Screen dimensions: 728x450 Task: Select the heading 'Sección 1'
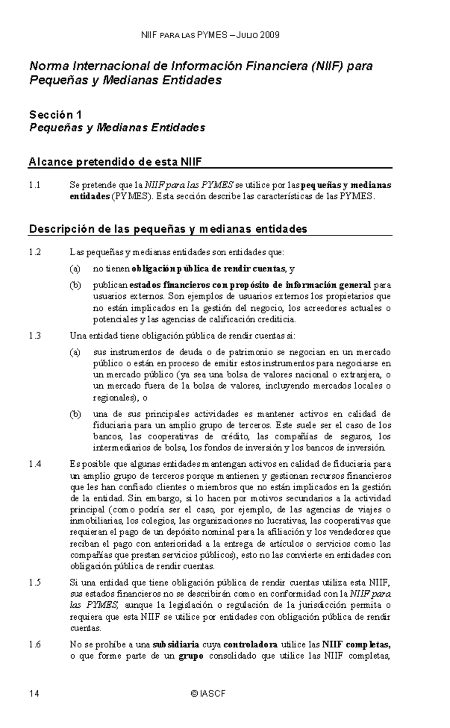[x=55, y=114]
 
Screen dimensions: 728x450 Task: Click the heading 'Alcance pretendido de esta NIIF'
[x=115, y=162]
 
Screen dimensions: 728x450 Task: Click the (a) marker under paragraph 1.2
[x=75, y=269]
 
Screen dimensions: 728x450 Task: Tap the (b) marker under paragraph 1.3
[x=75, y=414]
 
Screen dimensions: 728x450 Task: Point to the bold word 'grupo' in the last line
[x=191, y=656]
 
